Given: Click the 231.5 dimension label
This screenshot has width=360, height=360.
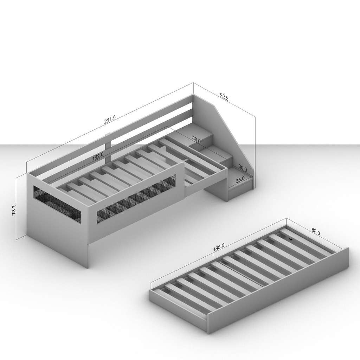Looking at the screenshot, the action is [x=110, y=120].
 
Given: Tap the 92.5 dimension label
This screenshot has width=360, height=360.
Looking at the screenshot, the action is [x=224, y=97].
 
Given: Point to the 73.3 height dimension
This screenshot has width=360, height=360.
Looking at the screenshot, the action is [x=14, y=210].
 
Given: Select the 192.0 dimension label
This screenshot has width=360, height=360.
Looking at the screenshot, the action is [x=98, y=157].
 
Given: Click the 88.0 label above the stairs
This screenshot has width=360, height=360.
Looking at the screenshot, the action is [x=196, y=140].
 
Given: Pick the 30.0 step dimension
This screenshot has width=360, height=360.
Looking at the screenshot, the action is [x=243, y=168].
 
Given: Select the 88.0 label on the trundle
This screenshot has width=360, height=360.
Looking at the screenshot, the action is [x=315, y=231].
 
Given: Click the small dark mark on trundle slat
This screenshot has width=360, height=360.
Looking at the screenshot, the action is [x=291, y=239].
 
